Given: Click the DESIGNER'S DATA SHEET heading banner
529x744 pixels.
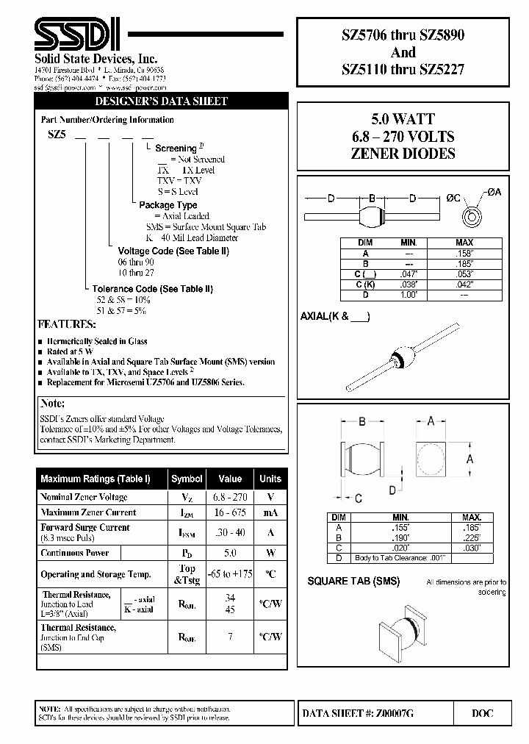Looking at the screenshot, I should pyautogui.click(x=162, y=101).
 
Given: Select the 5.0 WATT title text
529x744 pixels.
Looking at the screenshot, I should pyautogui.click(x=402, y=119).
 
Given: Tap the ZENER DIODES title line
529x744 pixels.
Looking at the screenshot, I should pyautogui.click(x=402, y=154).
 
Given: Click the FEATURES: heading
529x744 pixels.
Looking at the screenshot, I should pyautogui.click(x=66, y=324).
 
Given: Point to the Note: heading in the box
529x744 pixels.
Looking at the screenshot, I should pyautogui.click(x=53, y=404).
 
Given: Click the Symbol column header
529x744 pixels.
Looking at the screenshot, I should pyautogui.click(x=187, y=479).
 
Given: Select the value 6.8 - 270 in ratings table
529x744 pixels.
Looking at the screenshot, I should pyautogui.click(x=230, y=498).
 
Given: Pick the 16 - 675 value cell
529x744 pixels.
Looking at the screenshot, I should pyautogui.click(x=230, y=512).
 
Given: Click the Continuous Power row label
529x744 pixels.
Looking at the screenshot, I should pyautogui.click(x=75, y=553).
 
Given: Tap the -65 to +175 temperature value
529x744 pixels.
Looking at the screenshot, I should pyautogui.click(x=230, y=574).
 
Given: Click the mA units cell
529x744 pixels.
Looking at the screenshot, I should pyautogui.click(x=270, y=512).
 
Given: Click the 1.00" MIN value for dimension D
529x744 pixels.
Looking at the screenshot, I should pyautogui.click(x=409, y=295).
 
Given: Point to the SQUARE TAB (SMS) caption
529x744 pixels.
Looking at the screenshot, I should pyautogui.click(x=353, y=582).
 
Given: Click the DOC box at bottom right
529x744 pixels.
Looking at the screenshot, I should pyautogui.click(x=481, y=713).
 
